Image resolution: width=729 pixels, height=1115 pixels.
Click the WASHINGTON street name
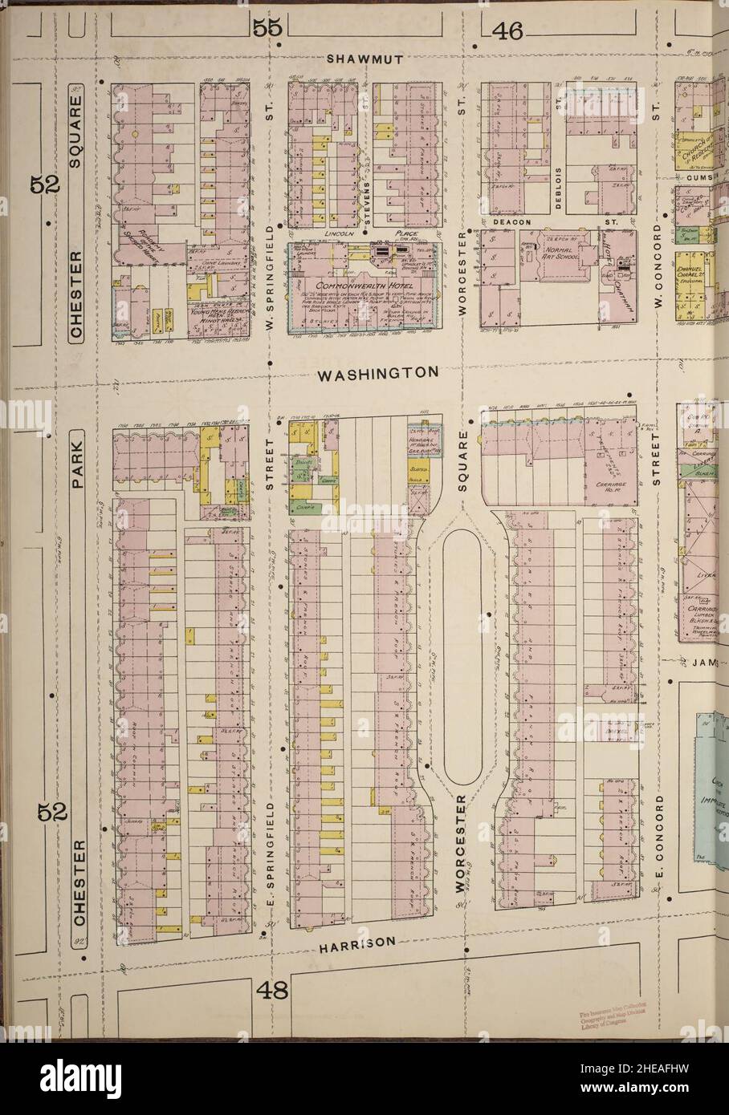(x=377, y=373)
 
